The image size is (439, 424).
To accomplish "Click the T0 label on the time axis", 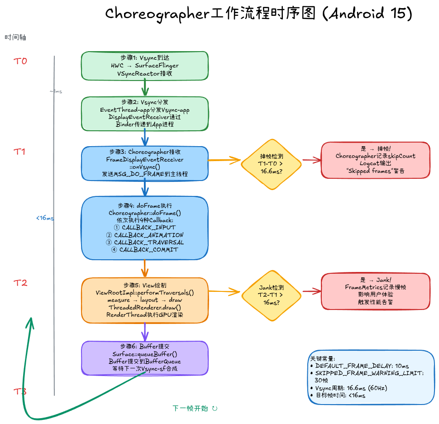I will point(20,61).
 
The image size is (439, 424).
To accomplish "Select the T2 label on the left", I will point(20,283).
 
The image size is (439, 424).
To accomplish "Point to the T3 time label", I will point(20,391).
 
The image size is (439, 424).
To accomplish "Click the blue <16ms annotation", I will point(45,218).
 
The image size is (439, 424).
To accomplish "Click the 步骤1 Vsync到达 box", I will point(144,66).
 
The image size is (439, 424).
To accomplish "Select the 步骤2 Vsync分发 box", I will point(144,113).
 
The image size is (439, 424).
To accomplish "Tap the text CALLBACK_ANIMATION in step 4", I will point(144,235).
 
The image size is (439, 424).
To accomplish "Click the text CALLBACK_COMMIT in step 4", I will point(144,250).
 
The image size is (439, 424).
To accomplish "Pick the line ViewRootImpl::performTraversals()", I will point(144,293).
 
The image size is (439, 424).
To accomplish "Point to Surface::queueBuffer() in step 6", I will point(144,354).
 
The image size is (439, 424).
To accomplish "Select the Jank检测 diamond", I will point(272,295).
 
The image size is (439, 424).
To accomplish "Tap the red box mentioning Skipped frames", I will point(375,160).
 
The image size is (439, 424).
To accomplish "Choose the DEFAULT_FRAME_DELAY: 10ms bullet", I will point(362,366).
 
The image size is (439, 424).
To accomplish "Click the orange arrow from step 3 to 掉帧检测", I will point(225,160).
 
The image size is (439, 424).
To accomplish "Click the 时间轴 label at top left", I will point(15,38).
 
